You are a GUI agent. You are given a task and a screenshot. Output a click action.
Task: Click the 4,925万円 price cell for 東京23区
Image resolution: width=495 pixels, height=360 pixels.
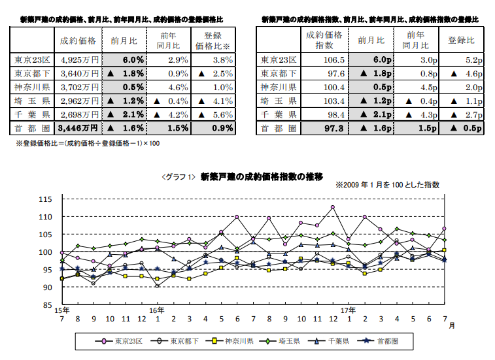tap(78, 59)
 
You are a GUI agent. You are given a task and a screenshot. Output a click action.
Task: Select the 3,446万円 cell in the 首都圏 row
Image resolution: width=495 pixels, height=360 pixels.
tap(78, 127)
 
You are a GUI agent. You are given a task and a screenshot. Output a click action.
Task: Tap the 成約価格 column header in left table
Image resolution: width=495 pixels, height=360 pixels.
tap(78, 41)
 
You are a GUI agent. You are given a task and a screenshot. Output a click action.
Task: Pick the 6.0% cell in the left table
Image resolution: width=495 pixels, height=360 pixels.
tap(124, 59)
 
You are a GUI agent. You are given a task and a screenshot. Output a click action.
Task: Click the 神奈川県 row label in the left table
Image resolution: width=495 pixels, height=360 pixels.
tap(30, 87)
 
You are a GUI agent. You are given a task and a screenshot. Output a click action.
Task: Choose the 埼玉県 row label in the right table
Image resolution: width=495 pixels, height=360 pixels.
tap(279, 101)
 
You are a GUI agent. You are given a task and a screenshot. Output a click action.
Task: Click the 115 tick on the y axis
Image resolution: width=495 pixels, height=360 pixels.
tap(45, 199)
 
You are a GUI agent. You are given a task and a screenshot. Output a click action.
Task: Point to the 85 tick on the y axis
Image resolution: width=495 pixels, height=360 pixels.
tap(45, 304)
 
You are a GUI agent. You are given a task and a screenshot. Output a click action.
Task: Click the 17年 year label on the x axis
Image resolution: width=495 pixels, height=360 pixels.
tap(349, 310)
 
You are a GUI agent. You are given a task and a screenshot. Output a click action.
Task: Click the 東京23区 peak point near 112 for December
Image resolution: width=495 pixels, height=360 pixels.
tap(333, 207)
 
